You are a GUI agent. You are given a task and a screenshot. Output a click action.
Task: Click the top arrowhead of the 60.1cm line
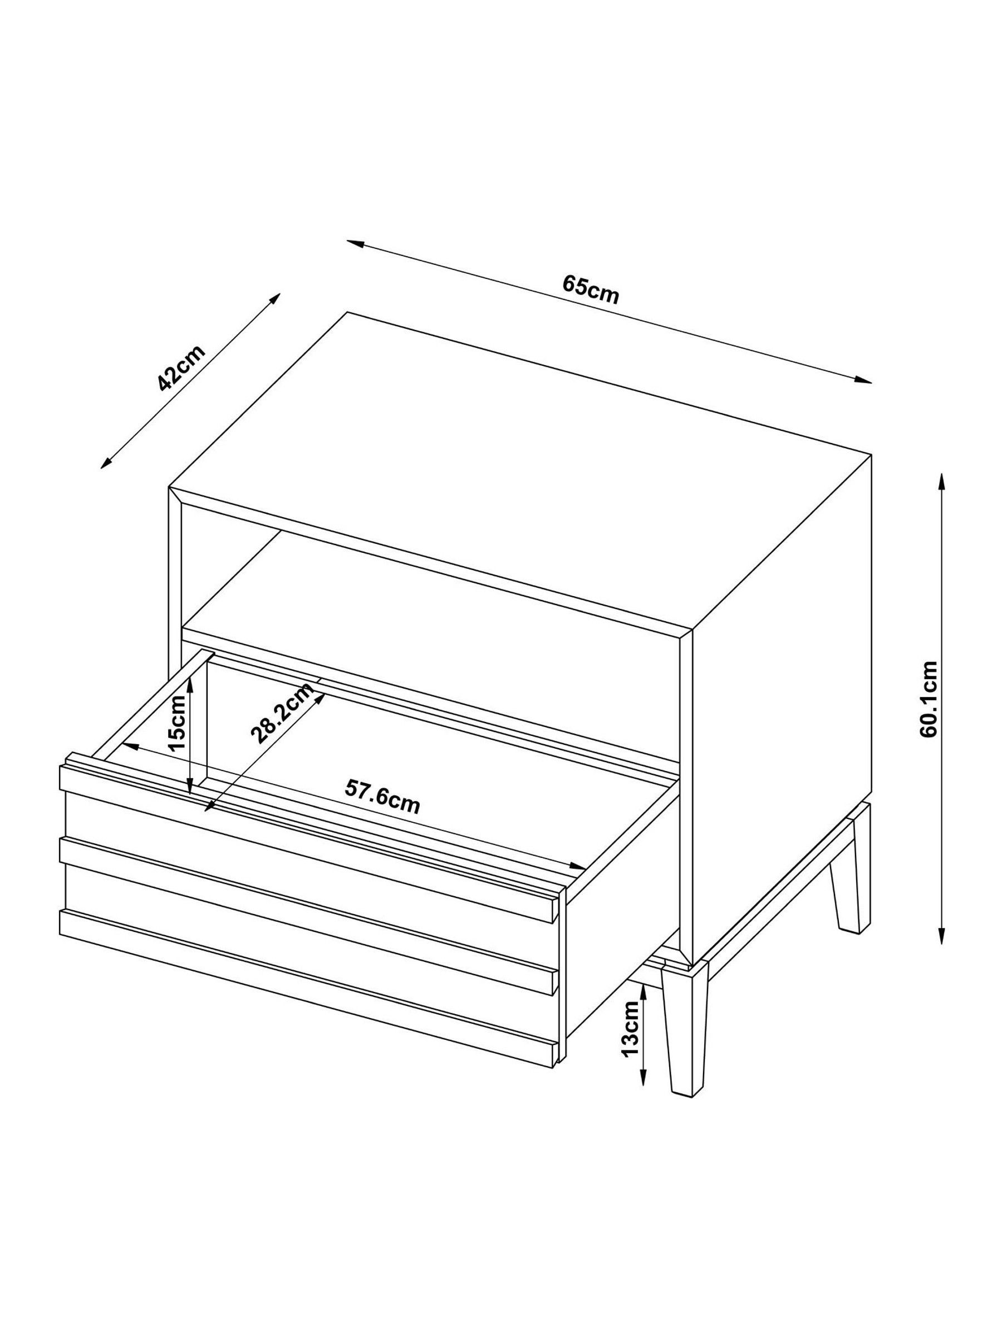point(941,480)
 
